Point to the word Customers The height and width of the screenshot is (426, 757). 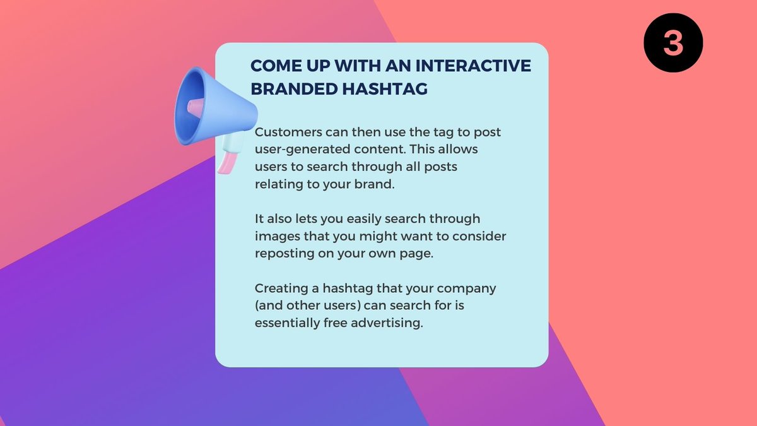click(x=286, y=134)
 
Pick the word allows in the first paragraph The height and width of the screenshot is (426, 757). click(x=458, y=151)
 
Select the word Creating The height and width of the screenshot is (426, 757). click(x=278, y=288)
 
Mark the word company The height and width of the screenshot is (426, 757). click(x=469, y=288)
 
